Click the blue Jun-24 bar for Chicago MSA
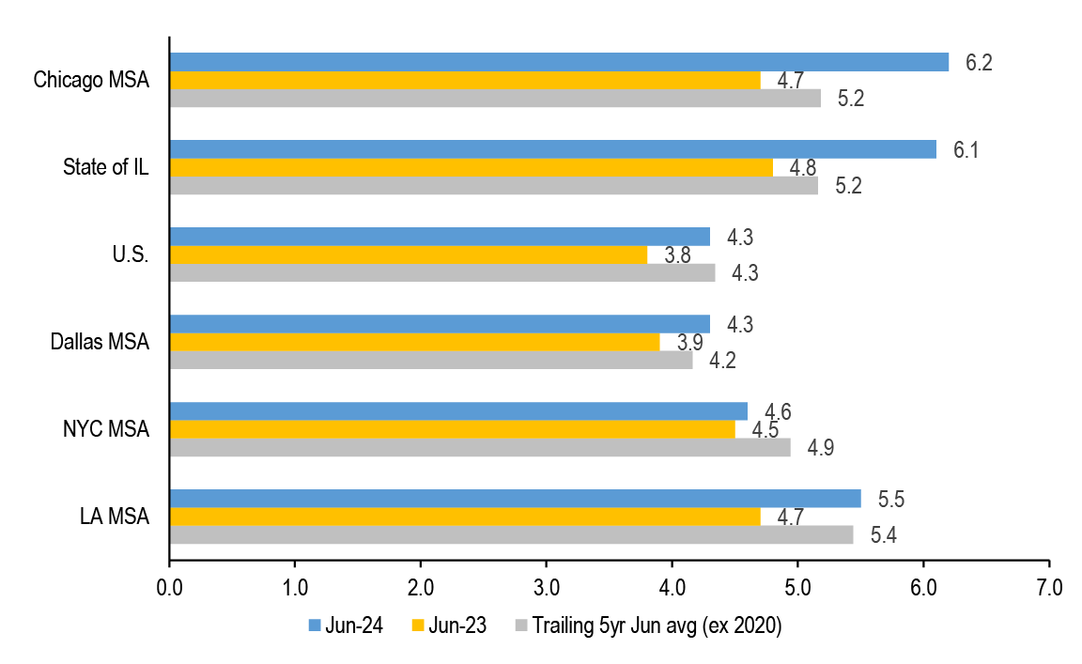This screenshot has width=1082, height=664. click(x=559, y=62)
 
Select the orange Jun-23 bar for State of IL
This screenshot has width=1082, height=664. click(x=471, y=167)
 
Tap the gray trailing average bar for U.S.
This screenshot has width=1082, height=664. click(x=441, y=272)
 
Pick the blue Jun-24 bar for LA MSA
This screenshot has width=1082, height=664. click(x=515, y=499)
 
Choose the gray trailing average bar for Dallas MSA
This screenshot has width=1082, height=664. click(x=430, y=360)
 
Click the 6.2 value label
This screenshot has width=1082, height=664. click(x=979, y=63)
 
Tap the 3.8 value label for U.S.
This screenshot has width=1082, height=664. click(x=677, y=255)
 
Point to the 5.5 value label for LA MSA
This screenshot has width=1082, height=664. click(x=891, y=499)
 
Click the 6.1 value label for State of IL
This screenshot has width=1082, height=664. click(x=966, y=150)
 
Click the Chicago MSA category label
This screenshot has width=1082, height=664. click(x=91, y=80)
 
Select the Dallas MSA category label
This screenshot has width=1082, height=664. click(x=100, y=342)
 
